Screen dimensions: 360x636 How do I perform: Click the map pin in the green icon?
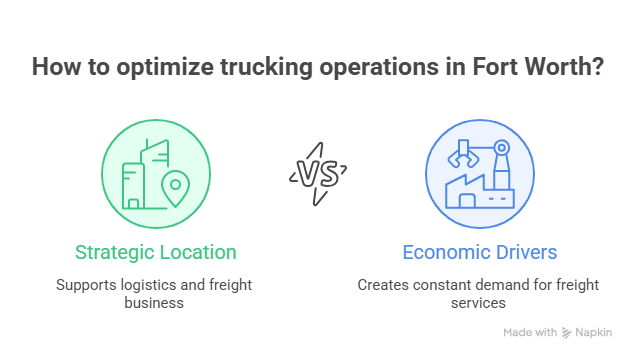click(x=176, y=187)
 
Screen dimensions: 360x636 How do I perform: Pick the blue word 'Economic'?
click(x=441, y=252)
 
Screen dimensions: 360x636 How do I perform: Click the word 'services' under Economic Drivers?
click(x=479, y=301)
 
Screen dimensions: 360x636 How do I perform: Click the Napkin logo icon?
click(x=567, y=333)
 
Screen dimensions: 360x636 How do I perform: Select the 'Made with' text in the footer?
click(x=530, y=333)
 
